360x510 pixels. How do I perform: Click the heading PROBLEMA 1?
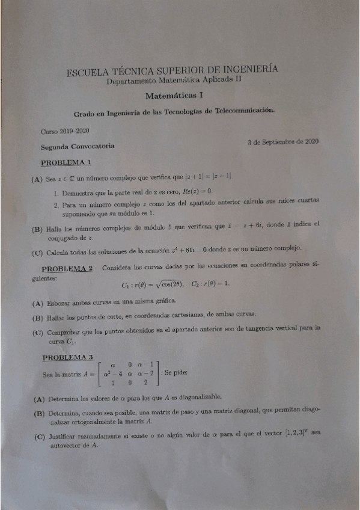(66, 162)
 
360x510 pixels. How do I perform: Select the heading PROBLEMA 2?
(67, 268)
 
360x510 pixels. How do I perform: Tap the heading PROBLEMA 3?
(67, 357)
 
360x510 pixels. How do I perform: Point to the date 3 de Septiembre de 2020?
(282, 142)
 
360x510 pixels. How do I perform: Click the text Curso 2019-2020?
(65, 131)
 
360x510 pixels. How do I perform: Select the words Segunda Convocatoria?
(78, 146)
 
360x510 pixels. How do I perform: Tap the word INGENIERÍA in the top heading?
(246, 70)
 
